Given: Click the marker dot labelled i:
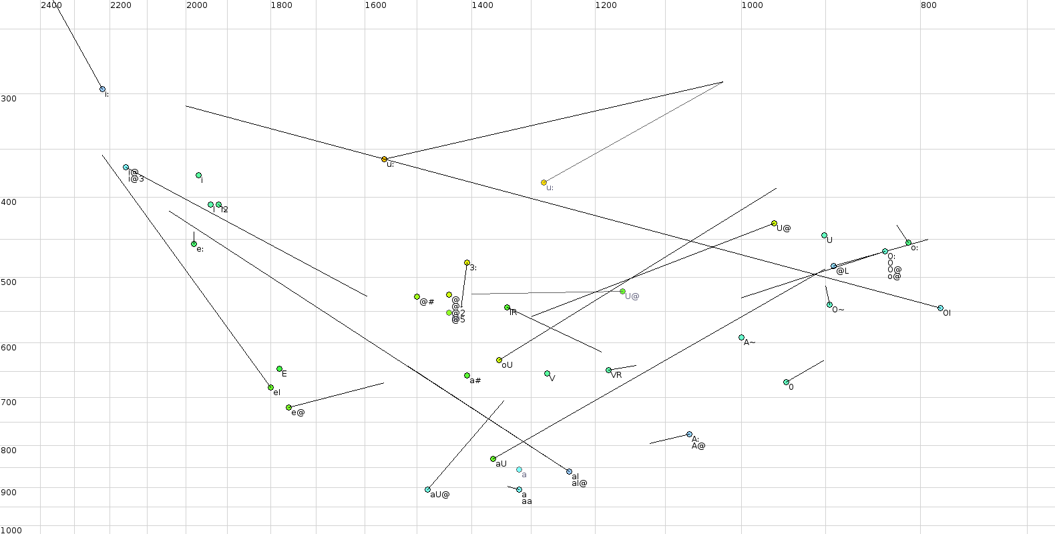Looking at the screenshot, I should (102, 89).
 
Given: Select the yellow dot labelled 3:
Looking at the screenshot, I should (467, 263).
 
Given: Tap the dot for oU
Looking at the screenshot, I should (499, 360).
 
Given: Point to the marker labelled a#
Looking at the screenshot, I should (467, 376).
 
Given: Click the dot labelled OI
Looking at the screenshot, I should (940, 308).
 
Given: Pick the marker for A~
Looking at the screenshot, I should (741, 338).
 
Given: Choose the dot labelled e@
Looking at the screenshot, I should (288, 408).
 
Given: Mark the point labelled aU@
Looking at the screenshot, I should (427, 490).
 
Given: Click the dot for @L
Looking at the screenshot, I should (833, 266).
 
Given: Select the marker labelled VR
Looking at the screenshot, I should (608, 370).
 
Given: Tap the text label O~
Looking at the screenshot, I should (838, 310).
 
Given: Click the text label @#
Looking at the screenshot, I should (427, 302).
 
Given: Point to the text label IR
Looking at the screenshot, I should (513, 312).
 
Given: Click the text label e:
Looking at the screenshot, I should (200, 250).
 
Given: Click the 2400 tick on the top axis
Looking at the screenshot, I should (51, 5).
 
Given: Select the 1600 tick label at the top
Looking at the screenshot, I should (375, 5).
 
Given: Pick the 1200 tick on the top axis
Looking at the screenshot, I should (606, 5).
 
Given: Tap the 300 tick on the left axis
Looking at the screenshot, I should (9, 99).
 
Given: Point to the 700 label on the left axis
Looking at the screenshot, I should (9, 403).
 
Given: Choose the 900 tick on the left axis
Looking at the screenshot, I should (9, 493).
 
